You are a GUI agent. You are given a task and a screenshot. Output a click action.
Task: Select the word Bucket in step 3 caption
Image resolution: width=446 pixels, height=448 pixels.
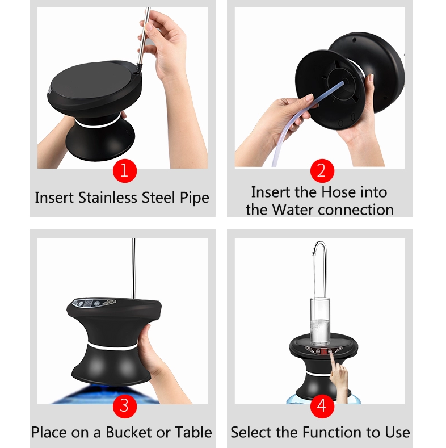point(133,432)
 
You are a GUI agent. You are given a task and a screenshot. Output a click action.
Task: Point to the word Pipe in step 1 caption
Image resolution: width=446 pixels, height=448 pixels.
point(193,198)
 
